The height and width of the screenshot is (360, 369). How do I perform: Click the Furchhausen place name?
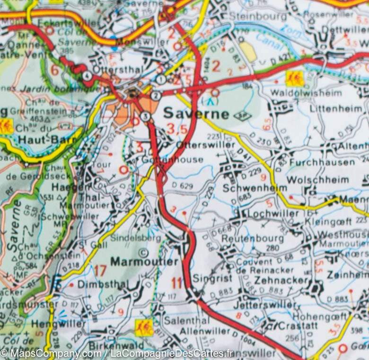tap(322, 162)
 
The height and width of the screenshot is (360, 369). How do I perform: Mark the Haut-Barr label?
tap(40, 139)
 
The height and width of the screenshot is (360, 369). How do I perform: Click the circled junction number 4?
tap(87, 76)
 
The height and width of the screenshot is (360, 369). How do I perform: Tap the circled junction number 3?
tap(145, 116)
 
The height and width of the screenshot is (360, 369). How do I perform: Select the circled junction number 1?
tap(161, 79)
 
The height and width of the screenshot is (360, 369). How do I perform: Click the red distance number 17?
tap(100, 271)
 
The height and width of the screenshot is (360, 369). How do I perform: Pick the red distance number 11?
tap(177, 284)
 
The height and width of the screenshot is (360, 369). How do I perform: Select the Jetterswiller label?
tap(271, 305)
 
